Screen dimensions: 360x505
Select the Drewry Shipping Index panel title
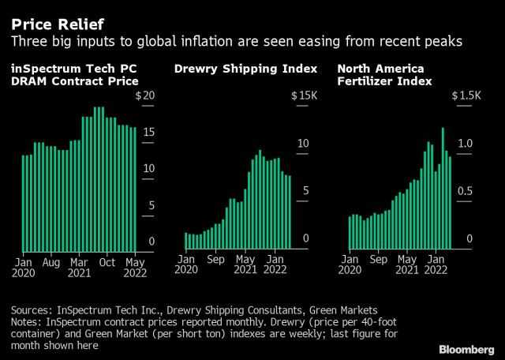[x=245, y=69]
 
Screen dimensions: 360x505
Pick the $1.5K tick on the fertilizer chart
[x=466, y=96]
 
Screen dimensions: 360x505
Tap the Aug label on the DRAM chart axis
[x=50, y=262]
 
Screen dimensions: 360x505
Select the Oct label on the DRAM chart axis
[x=107, y=262]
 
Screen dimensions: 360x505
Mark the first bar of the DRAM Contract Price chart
[x=24, y=204]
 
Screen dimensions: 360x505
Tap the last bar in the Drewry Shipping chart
[x=290, y=211]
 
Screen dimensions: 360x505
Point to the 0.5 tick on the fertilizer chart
[x=466, y=191]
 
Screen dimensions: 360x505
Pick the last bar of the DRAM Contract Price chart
[x=134, y=190]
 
